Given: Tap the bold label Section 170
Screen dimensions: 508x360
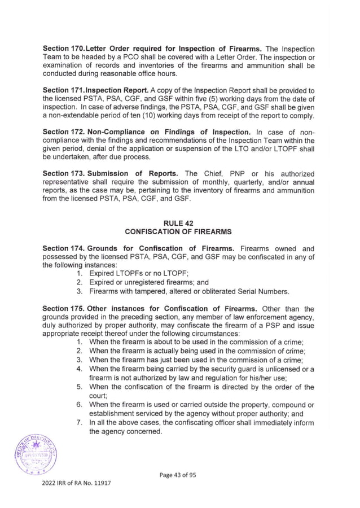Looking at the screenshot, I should pos(64,49).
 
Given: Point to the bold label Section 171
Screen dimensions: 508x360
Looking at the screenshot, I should pos(64,90).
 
